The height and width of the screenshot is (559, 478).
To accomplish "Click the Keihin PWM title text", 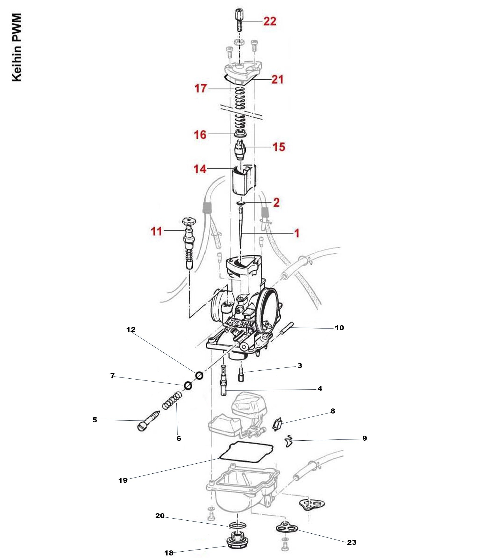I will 17,47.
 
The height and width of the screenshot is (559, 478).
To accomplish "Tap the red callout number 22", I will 270,22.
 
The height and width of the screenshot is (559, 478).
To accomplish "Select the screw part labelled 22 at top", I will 239,20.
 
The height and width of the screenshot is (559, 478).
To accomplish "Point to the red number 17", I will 201,88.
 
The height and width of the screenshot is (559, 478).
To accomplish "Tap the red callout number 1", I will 297,233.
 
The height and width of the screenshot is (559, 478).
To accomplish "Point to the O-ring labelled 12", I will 199,376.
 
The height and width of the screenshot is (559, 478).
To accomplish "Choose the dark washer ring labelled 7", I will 188,385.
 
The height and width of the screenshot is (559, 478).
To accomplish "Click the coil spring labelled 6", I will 172,401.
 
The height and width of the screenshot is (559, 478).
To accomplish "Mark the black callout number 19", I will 123,480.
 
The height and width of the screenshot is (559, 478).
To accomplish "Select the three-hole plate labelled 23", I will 286,527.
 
